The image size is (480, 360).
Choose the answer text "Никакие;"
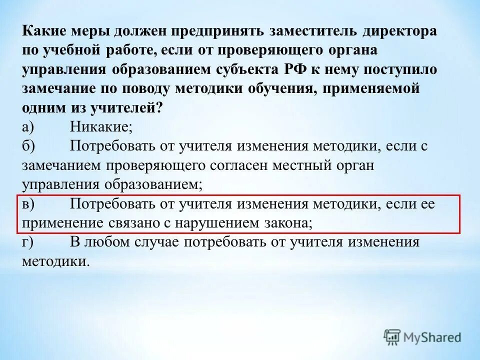coord(101,127)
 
